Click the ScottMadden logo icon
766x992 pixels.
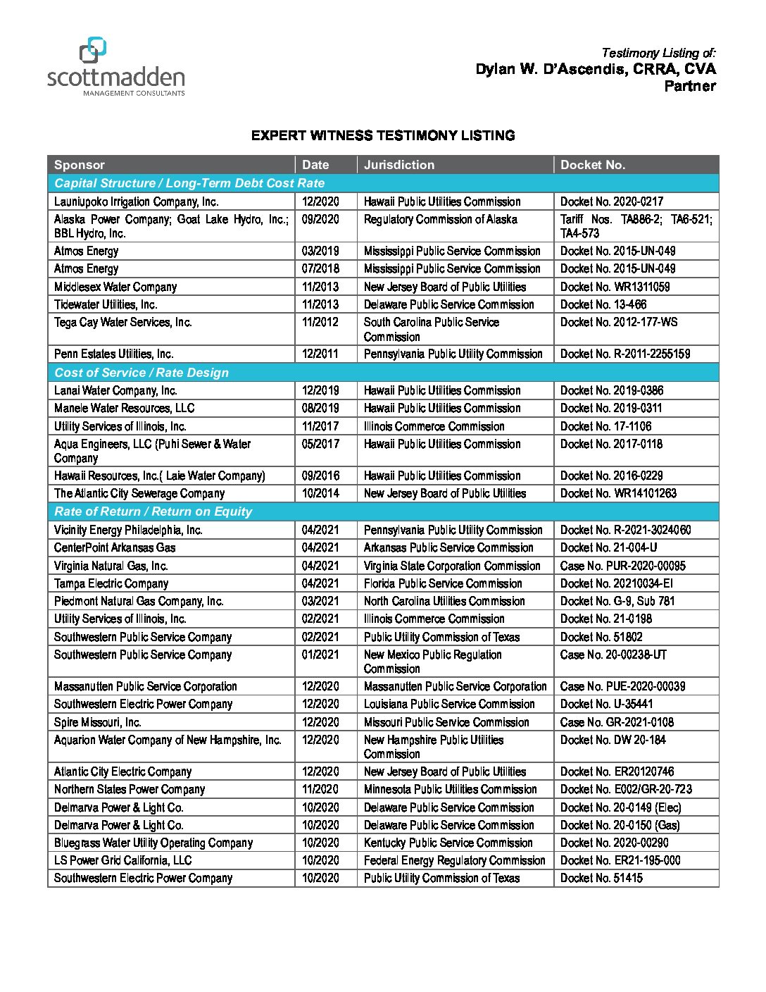tap(92, 51)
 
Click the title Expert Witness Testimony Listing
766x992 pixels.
tap(383, 135)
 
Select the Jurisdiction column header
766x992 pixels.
tap(399, 165)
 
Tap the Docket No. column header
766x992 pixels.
tap(593, 165)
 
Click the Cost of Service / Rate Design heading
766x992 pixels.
tap(142, 373)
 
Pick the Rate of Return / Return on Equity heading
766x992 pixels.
tap(153, 512)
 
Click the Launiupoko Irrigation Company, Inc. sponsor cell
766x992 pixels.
tap(137, 201)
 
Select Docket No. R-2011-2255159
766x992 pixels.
tap(625, 354)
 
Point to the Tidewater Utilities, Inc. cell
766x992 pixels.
tap(106, 304)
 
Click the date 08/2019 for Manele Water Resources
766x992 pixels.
tap(320, 408)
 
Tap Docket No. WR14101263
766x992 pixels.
tap(618, 493)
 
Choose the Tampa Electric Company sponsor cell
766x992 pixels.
tap(111, 583)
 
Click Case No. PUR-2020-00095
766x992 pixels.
tap(622, 566)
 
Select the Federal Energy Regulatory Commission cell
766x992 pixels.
tap(454, 860)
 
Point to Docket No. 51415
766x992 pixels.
tap(601, 878)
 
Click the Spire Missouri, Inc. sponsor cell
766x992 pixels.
tap(98, 722)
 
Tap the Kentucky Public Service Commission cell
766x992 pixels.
tap(448, 843)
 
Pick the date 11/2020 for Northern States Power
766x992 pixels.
tap(320, 789)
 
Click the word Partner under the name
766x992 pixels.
tap(690, 86)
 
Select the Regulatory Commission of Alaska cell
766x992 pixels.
tap(440, 219)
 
